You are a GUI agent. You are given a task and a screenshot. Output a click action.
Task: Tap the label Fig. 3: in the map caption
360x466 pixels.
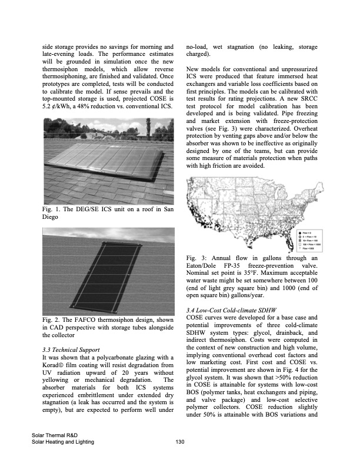coord(195,258)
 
